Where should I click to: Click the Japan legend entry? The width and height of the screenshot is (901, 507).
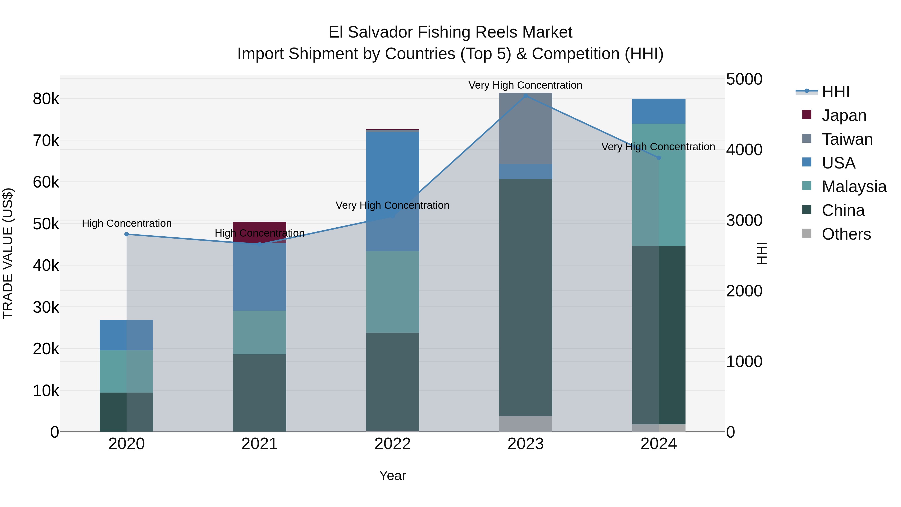point(844,115)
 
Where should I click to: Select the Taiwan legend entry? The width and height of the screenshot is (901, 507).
point(846,139)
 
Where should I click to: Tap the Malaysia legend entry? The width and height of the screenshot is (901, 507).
point(853,187)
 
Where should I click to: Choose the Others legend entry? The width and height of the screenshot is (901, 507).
point(846,234)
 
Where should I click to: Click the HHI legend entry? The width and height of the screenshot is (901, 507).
point(835,92)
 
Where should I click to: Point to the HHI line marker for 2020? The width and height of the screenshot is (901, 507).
point(127,234)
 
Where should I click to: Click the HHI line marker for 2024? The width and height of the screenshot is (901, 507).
point(659,158)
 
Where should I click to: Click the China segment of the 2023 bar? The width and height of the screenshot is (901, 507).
point(525,297)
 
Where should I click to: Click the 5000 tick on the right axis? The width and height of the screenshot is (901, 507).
point(744,79)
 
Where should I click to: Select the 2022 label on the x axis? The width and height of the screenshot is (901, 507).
point(392,444)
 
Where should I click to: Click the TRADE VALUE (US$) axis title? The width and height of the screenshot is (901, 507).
point(8,253)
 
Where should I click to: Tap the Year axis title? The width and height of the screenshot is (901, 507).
point(392,475)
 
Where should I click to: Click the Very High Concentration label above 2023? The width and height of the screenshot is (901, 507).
point(525,85)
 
